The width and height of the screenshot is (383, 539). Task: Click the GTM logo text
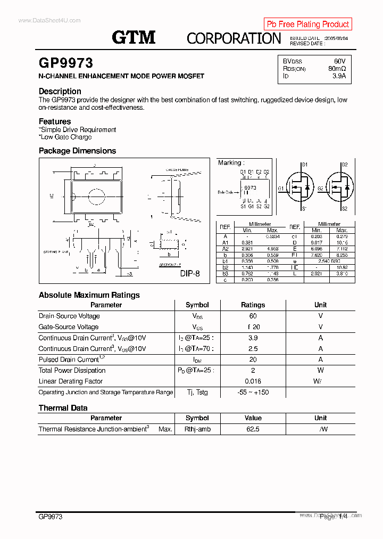coord(134,37)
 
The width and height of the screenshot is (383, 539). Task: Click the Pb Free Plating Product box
coord(307,24)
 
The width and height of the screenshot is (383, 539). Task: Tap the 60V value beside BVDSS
coord(339,61)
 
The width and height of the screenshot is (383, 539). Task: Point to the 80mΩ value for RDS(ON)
coord(337,69)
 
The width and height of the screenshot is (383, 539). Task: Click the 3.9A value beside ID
coord(339,76)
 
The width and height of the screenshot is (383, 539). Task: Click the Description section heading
coord(60,91)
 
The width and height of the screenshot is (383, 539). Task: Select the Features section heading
coord(55,121)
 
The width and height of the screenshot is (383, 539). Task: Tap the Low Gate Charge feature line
coord(65,137)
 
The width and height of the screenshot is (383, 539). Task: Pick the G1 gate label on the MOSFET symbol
coord(281,189)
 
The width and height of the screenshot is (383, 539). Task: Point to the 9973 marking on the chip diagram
coord(250,188)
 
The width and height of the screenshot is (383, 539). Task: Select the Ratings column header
coord(253,305)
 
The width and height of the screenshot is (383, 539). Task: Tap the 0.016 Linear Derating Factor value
coord(253,381)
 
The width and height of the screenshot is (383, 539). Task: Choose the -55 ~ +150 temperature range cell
coord(253,393)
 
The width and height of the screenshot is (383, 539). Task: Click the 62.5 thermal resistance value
coord(253,429)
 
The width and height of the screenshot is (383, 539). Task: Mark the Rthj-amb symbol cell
coord(197,429)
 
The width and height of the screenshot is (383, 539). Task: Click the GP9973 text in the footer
coord(51,517)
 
